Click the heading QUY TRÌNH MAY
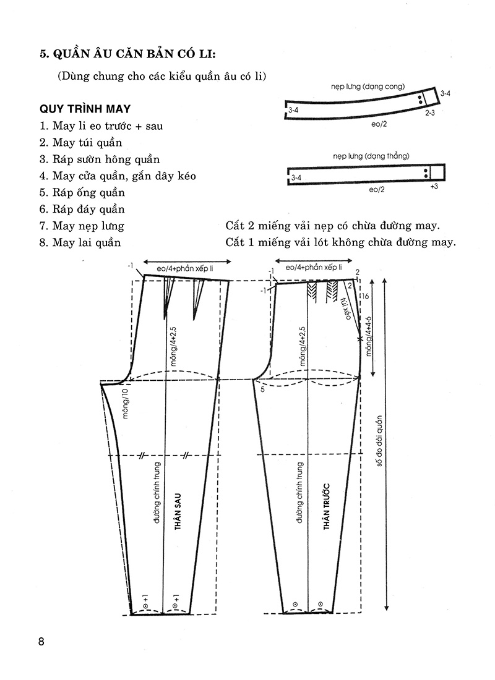[x=85, y=109]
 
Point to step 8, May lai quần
[x=80, y=242]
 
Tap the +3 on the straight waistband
[x=434, y=186]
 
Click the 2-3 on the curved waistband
[x=430, y=113]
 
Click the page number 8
[x=41, y=641]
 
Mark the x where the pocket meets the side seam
[x=359, y=339]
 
